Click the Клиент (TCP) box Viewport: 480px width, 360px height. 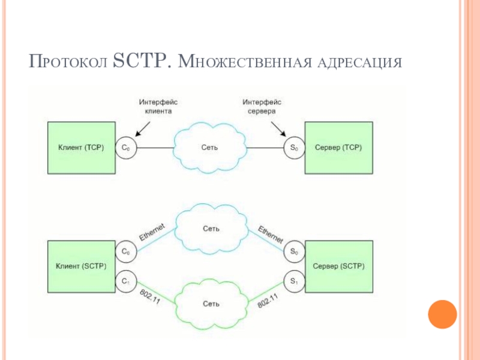coord(82,148)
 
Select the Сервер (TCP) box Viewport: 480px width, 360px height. coord(339,148)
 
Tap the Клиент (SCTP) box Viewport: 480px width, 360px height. coord(82,266)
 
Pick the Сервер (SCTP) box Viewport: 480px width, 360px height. coord(339,266)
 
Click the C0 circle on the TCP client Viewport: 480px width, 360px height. coord(126,148)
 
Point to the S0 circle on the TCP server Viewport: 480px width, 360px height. coord(294,148)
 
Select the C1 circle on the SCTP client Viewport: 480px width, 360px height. coord(126,281)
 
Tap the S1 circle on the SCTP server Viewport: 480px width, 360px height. coord(294,281)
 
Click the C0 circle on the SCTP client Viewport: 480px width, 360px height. coord(126,251)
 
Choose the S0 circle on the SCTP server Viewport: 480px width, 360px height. coord(294,251)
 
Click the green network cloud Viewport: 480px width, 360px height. coord(211,304)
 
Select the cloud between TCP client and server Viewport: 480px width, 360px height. coord(210,148)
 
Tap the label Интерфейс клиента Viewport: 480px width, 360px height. coord(158,107)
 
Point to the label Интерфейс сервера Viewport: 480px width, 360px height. coord(262,107)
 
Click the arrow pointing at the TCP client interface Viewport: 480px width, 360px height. coord(143,129)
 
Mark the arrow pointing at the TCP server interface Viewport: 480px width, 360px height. coord(278,129)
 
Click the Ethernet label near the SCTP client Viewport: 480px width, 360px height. coord(152,232)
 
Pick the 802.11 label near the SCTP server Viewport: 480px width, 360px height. coord(268,301)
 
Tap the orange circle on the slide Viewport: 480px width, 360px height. coord(442,314)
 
